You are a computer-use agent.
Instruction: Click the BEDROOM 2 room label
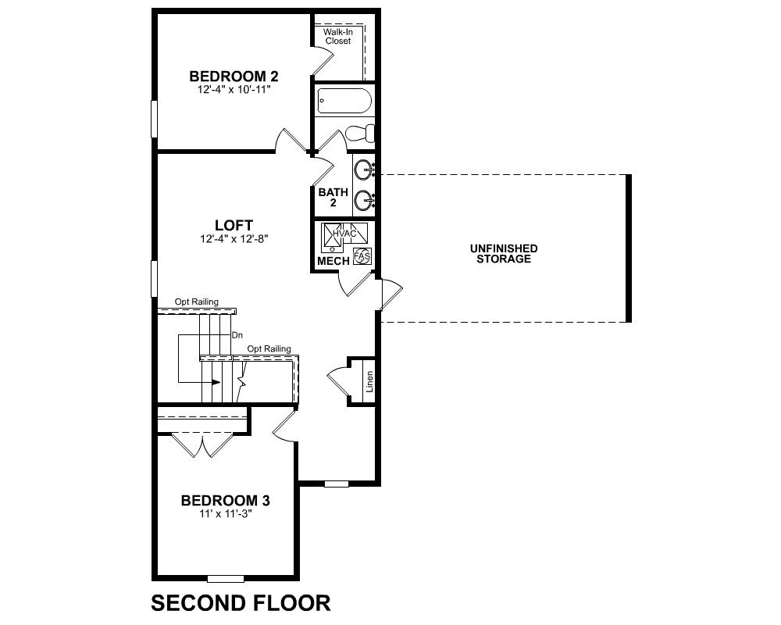click(x=234, y=77)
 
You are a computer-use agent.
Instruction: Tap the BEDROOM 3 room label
click(x=225, y=501)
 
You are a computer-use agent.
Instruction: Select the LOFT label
click(x=234, y=225)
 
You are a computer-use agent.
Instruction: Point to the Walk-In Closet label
click(x=338, y=37)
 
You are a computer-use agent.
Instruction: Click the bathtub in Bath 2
click(x=344, y=101)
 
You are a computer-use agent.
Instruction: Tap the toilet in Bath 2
click(x=359, y=134)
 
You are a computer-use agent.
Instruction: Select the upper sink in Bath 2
click(x=364, y=170)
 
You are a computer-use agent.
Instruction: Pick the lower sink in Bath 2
click(x=364, y=201)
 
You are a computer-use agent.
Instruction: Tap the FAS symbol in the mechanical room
click(x=362, y=256)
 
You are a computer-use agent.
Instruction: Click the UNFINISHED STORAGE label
click(x=504, y=254)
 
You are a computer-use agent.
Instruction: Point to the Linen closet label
click(x=369, y=381)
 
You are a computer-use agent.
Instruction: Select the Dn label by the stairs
click(x=237, y=335)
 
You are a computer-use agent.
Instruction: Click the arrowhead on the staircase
click(x=216, y=382)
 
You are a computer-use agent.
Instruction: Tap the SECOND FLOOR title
click(x=241, y=603)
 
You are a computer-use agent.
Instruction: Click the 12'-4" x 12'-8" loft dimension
click(x=234, y=239)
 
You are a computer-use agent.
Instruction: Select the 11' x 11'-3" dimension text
click(x=226, y=514)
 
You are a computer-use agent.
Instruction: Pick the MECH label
click(x=333, y=261)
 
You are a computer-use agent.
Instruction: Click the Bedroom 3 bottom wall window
click(x=226, y=579)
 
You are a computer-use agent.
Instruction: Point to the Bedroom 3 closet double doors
click(x=202, y=445)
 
